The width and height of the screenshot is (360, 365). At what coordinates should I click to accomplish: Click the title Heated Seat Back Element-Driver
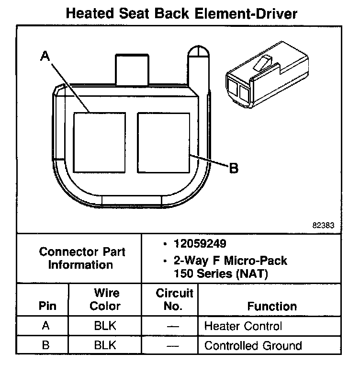point(181,13)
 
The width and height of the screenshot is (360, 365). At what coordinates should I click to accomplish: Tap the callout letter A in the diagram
point(45,56)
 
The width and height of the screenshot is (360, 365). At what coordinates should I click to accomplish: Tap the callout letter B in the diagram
point(234,168)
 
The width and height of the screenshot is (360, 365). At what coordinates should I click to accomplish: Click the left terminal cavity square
point(100,143)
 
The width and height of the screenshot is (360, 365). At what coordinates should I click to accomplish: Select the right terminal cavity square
point(164,143)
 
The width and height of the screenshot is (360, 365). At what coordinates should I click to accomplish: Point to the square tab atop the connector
point(132,69)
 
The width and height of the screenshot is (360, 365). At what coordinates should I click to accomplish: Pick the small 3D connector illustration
point(267,75)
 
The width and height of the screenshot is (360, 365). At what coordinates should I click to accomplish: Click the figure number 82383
point(323,225)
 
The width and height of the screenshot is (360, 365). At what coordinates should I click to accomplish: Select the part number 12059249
point(200,244)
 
